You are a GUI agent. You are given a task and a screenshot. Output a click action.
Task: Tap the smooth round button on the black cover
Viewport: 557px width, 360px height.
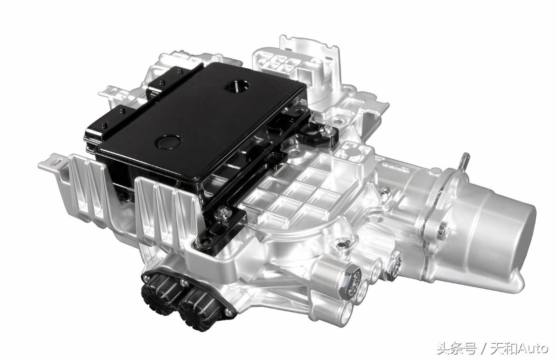(x=168, y=141)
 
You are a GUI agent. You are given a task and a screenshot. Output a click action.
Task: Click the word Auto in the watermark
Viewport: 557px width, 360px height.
(x=532, y=349)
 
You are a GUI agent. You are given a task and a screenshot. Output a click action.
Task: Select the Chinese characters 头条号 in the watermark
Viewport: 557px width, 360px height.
(x=456, y=349)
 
